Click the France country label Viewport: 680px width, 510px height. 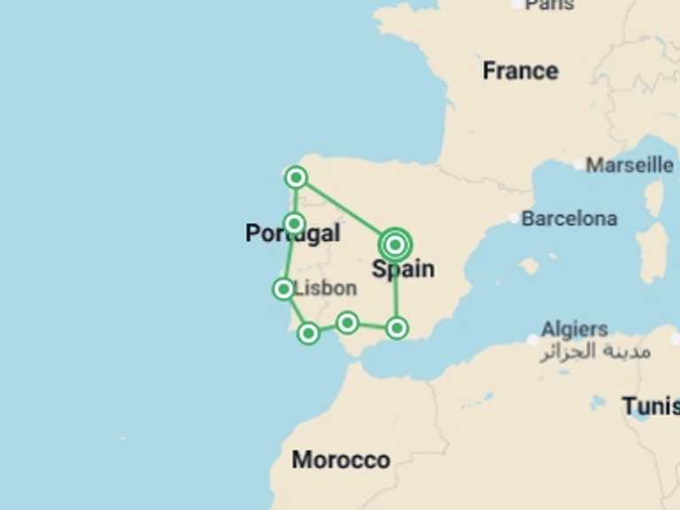[x=520, y=71]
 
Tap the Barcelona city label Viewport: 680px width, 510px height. [x=569, y=218]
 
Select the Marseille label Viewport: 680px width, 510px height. [x=630, y=165]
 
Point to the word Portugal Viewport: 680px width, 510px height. [x=292, y=234]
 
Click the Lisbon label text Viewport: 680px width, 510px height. [x=325, y=288]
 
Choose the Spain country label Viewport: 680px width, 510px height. [x=403, y=269]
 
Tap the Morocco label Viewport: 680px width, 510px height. [x=341, y=460]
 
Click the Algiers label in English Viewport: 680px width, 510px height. [x=575, y=329]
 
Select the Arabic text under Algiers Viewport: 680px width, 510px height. [x=595, y=352]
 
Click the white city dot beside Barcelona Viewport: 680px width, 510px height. [x=514, y=218]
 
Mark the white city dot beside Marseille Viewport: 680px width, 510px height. [x=578, y=164]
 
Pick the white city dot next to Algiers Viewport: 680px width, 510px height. [x=532, y=339]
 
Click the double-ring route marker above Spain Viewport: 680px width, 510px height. [x=395, y=243]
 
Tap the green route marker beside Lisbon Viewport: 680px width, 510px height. [x=283, y=289]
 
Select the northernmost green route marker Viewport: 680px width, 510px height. [x=296, y=178]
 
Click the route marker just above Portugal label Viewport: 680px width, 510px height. [x=294, y=223]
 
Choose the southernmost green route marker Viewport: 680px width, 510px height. [x=308, y=333]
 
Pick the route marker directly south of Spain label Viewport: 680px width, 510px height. [x=397, y=328]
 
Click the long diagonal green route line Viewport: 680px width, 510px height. [x=345, y=211]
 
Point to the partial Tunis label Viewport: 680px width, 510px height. [x=651, y=406]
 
